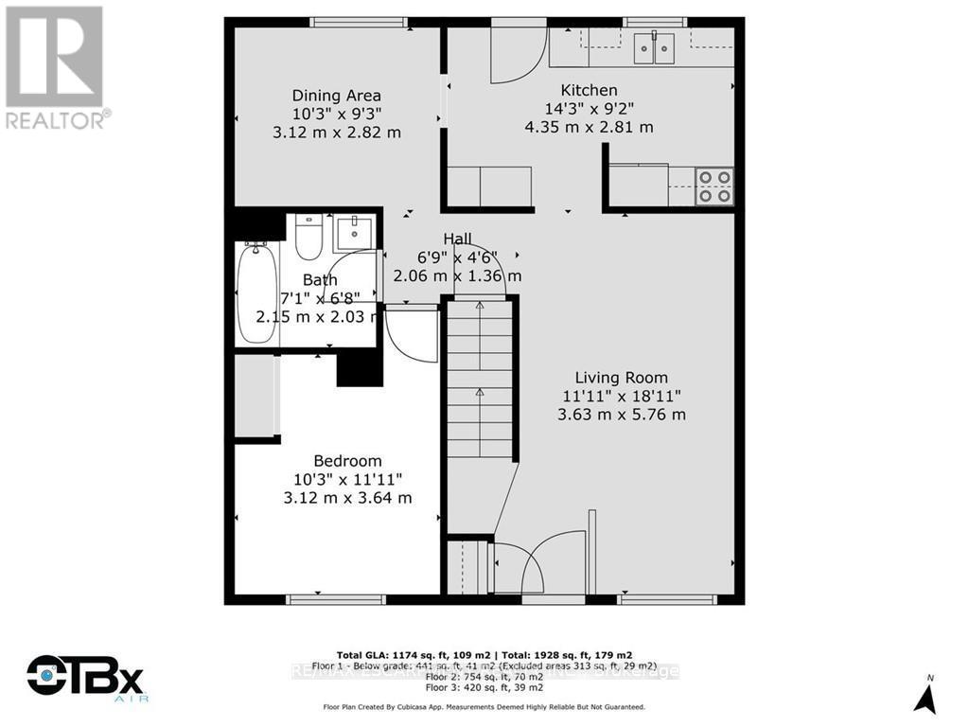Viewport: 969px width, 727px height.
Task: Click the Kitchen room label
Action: pos(588,91)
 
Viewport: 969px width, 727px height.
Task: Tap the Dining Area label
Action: pos(336,96)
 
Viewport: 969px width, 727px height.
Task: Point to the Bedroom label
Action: pos(336,460)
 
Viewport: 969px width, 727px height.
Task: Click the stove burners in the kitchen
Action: pos(714,186)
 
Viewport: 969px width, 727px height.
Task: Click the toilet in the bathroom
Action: pos(308,238)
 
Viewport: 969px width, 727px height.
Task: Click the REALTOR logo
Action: pos(55,67)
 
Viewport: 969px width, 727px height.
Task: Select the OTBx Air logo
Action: pos(84,680)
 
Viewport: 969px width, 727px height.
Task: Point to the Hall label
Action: pos(457,239)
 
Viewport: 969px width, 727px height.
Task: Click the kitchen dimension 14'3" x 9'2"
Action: pos(588,109)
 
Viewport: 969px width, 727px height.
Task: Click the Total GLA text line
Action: pos(484,654)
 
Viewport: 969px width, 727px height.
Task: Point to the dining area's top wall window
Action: pos(360,23)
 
